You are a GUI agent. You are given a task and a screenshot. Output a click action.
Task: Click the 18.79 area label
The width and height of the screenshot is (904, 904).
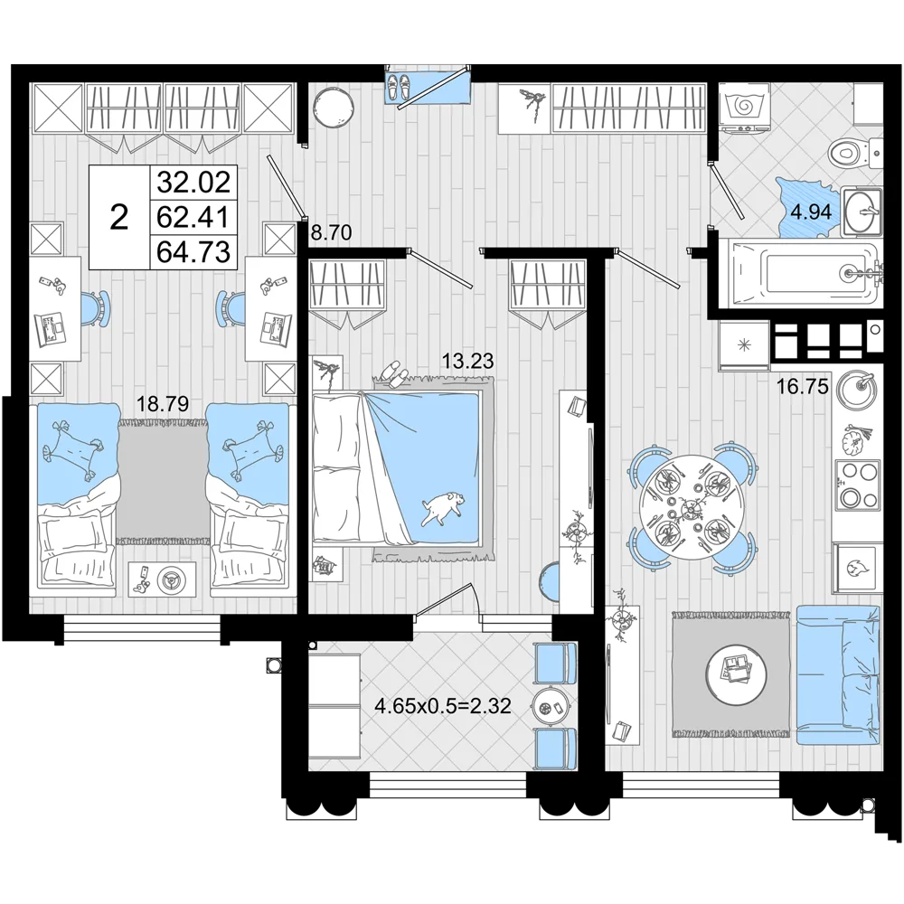(162, 403)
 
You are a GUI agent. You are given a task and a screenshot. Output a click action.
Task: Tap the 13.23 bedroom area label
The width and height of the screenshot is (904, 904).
(467, 361)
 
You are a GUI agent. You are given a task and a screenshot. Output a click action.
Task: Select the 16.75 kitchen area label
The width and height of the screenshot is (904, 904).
(802, 386)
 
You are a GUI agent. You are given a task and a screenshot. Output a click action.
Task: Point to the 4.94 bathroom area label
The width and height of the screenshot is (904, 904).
(811, 212)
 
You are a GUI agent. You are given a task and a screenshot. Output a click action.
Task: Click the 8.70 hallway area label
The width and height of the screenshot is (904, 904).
(331, 233)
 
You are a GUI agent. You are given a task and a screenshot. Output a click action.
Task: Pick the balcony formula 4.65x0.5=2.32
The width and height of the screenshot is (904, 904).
(443, 705)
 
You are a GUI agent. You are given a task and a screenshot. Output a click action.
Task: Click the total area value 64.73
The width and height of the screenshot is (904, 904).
(193, 252)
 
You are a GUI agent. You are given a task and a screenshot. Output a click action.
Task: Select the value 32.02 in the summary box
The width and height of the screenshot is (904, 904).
(193, 183)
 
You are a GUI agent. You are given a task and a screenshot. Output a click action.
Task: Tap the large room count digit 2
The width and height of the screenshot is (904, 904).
(118, 218)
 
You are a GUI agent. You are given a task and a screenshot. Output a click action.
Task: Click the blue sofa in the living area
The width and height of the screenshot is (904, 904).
(839, 675)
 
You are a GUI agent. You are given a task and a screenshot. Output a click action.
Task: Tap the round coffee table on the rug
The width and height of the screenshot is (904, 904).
(736, 673)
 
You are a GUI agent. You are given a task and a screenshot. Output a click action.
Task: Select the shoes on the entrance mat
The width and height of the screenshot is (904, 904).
(398, 87)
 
